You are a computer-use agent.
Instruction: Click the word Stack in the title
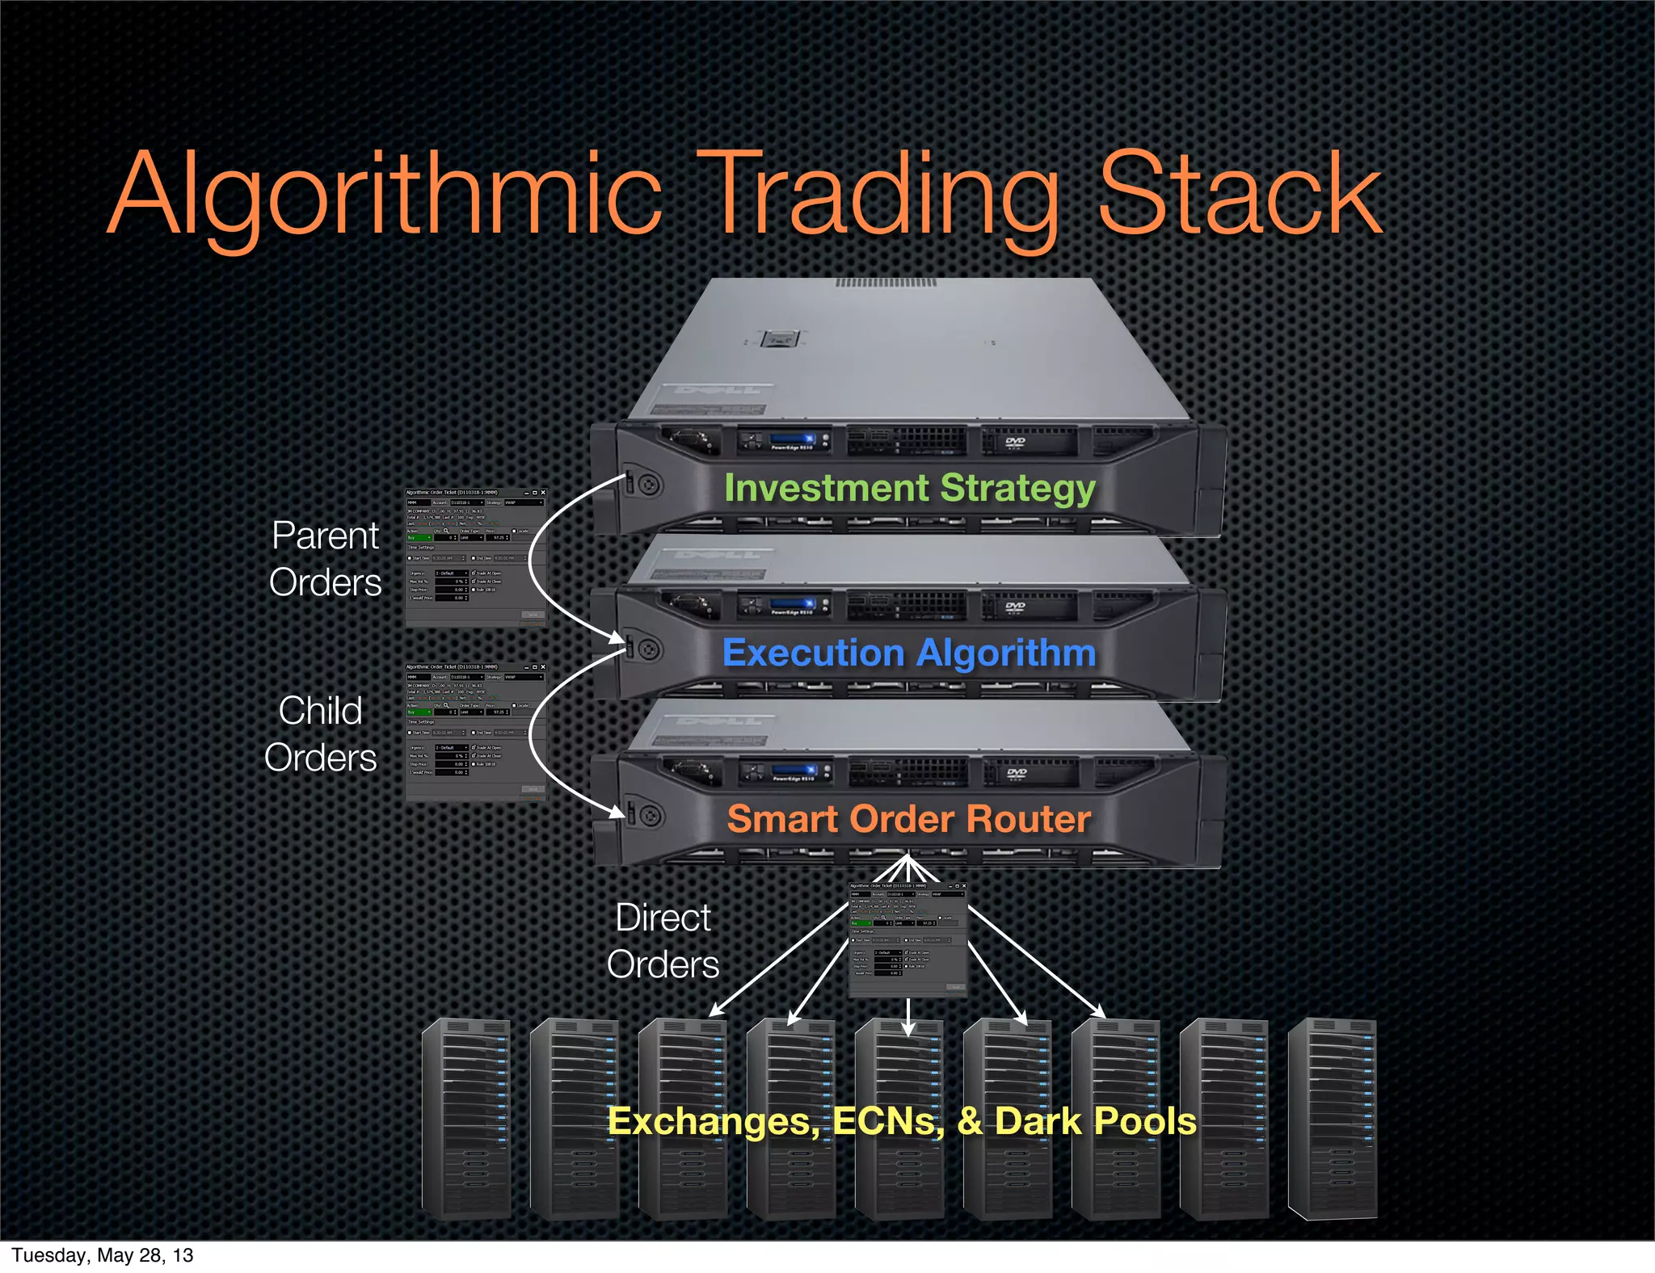1238,195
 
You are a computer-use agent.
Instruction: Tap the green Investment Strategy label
909,488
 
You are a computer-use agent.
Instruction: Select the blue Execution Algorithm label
909,653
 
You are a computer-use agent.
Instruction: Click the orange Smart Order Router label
909,818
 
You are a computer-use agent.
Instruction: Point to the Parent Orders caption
325,559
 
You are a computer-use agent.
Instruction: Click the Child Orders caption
321,733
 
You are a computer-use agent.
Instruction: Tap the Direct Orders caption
663,941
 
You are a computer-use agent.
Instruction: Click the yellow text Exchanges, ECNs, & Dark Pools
901,1120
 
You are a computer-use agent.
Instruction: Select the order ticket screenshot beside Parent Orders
475,557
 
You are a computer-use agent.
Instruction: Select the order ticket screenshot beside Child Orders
475,732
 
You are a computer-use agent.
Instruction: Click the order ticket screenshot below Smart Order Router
908,939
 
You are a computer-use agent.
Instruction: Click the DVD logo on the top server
1015,443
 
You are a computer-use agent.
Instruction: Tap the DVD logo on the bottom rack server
1017,774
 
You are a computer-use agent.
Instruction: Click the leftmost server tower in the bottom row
467,1119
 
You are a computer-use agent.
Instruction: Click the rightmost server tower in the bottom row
1332,1119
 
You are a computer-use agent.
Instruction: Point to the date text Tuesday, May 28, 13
103,1255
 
